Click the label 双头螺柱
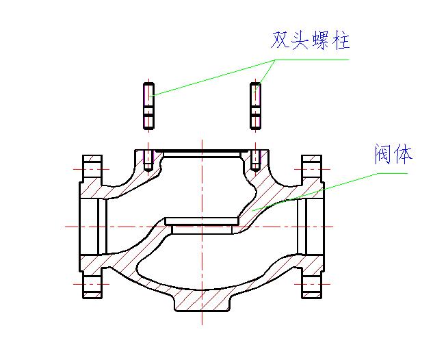click(x=310, y=40)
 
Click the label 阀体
click(x=393, y=153)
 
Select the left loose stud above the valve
click(x=148, y=105)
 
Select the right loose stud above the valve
click(x=255, y=105)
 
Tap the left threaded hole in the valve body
click(x=148, y=159)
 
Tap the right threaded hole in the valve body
click(x=255, y=159)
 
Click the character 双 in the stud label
click(x=280, y=40)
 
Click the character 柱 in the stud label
click(x=341, y=40)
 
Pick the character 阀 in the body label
click(x=383, y=153)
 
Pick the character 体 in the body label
click(x=404, y=153)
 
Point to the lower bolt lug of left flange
click(x=92, y=283)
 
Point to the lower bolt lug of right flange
click(x=312, y=283)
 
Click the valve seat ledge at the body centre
click(x=202, y=223)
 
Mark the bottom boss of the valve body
click(x=202, y=303)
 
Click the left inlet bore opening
click(x=90, y=226)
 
